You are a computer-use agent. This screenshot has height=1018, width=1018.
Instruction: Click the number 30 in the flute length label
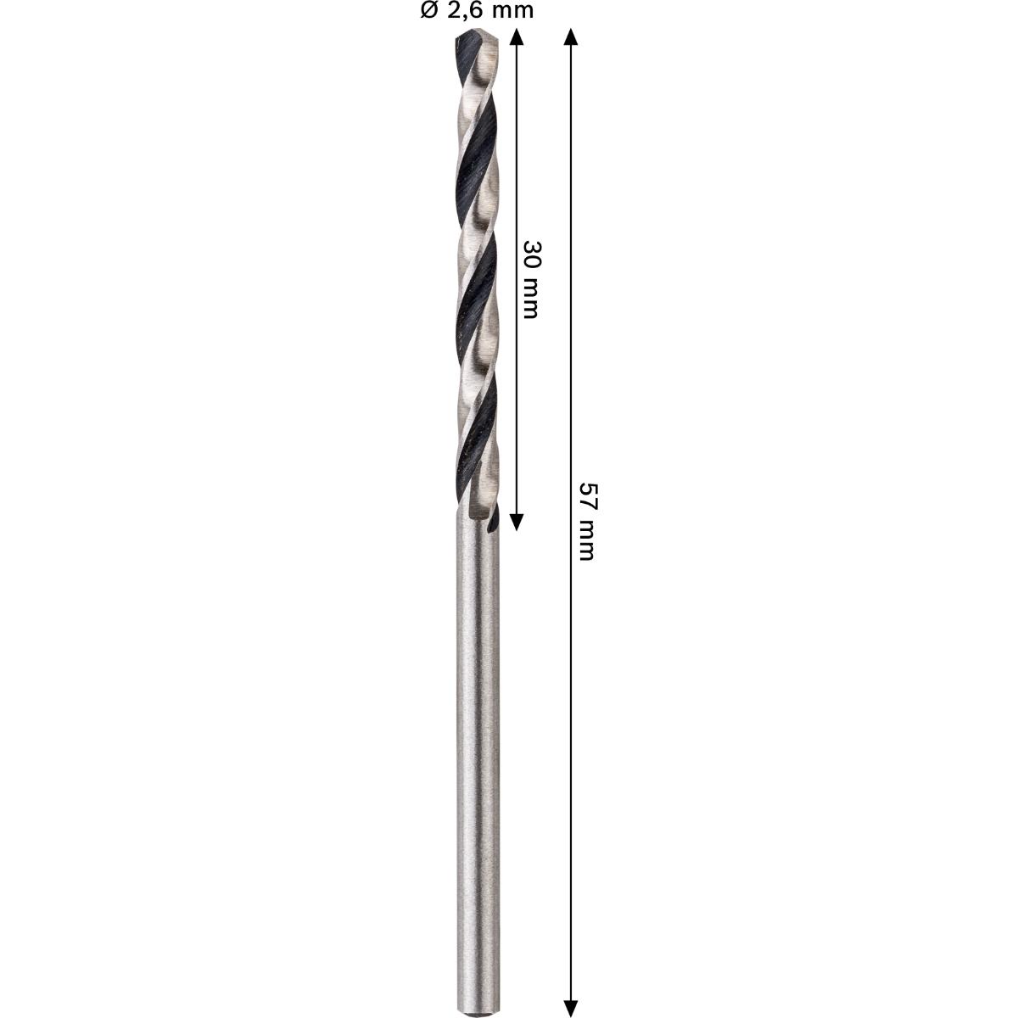click(x=530, y=255)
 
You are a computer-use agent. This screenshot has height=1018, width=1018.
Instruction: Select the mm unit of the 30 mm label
click(x=530, y=299)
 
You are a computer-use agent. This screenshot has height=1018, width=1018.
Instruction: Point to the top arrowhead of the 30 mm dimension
click(x=517, y=37)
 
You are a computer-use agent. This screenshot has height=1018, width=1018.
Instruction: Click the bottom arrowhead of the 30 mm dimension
click(x=517, y=523)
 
